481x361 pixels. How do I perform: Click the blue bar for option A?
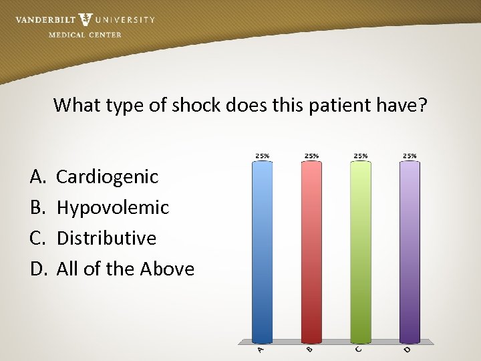tap(263, 251)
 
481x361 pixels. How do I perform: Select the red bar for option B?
tap(311, 251)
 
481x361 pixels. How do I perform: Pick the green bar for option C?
tap(361, 251)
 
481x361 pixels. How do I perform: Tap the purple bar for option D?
tap(410, 251)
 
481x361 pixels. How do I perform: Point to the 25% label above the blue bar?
tap(263, 156)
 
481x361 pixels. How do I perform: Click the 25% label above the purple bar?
tap(410, 156)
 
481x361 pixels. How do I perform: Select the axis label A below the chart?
tap(261, 349)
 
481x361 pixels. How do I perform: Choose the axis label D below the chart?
tap(407, 349)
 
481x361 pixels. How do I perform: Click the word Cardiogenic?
tap(108, 177)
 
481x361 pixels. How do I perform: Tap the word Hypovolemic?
tap(113, 208)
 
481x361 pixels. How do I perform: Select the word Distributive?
tap(106, 238)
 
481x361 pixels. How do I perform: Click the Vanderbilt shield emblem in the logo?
tap(86, 19)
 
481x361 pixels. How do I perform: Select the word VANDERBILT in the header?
tap(45, 20)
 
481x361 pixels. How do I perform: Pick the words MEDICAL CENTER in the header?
tap(85, 35)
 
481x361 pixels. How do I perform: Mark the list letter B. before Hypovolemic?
tap(39, 208)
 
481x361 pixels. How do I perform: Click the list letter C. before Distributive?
tap(39, 238)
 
